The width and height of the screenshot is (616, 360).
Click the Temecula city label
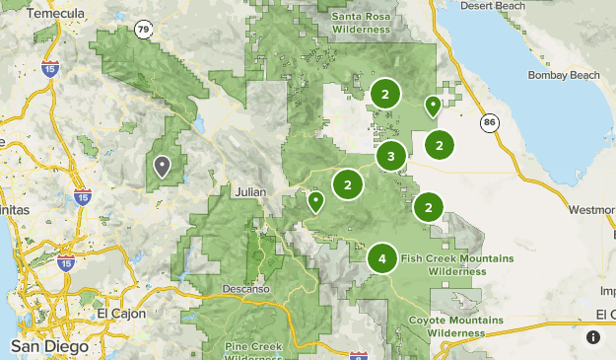pyautogui.click(x=57, y=15)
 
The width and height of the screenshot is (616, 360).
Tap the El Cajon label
pyautogui.click(x=121, y=314)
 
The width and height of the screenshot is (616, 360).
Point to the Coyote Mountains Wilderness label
pyautogui.click(x=449, y=326)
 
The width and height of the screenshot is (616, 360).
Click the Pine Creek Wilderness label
pyautogui.click(x=253, y=352)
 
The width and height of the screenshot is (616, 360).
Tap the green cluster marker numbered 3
pyautogui.click(x=391, y=156)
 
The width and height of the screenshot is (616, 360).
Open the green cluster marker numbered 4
pyautogui.click(x=382, y=258)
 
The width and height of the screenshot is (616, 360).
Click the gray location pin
pyautogui.click(x=161, y=166)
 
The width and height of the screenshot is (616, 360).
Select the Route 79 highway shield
pyautogui.click(x=145, y=30)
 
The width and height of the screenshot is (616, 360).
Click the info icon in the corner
pyautogui.click(x=592, y=337)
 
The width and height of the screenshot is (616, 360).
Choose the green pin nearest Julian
pyautogui.click(x=315, y=201)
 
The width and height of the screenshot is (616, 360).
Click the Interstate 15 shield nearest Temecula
pyautogui.click(x=49, y=68)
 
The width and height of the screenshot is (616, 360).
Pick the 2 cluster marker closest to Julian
pyautogui.click(x=347, y=184)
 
